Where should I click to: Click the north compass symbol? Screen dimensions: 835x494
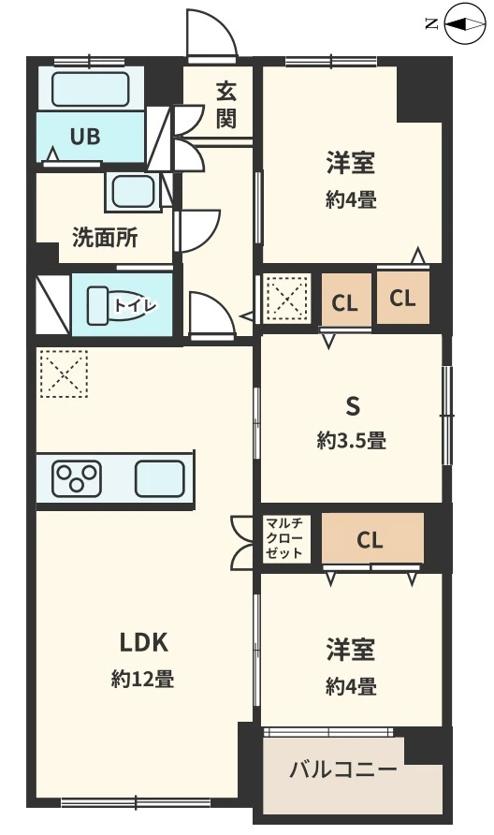[x=459, y=25]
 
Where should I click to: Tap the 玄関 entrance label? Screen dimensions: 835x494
[x=225, y=105]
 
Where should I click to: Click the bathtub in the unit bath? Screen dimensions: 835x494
[x=90, y=90]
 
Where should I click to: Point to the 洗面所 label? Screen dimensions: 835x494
[x=105, y=238]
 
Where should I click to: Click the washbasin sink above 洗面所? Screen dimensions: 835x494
[x=134, y=191]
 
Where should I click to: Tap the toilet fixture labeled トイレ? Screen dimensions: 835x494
[x=120, y=305]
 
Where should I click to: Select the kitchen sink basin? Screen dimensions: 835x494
[x=159, y=478]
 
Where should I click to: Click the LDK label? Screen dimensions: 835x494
[x=142, y=642]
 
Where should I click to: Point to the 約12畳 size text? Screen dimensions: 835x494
[x=142, y=680]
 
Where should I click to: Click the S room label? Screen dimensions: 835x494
[x=353, y=405]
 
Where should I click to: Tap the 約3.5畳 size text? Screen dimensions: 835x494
[x=352, y=439]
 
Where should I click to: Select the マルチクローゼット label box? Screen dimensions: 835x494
[x=284, y=538]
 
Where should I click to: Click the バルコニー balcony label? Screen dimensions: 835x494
[x=342, y=770]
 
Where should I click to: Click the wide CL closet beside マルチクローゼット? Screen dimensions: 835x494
[x=370, y=539]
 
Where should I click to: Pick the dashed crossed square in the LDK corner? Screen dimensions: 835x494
[x=63, y=374]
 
